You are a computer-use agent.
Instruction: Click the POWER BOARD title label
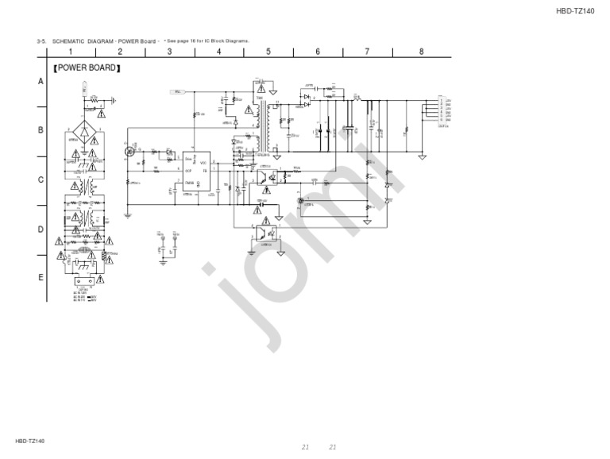point(87,68)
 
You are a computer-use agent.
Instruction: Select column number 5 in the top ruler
point(268,52)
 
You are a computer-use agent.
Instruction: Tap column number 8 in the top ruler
point(421,52)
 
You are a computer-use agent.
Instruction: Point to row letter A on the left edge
point(41,82)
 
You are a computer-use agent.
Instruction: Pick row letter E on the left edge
point(41,278)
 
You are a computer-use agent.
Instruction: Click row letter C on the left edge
point(41,179)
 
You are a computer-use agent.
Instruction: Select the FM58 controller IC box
point(196,171)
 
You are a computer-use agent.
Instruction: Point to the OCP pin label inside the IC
point(188,171)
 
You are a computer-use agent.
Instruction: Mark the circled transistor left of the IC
point(130,150)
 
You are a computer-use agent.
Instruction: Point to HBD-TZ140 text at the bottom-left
point(30,441)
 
